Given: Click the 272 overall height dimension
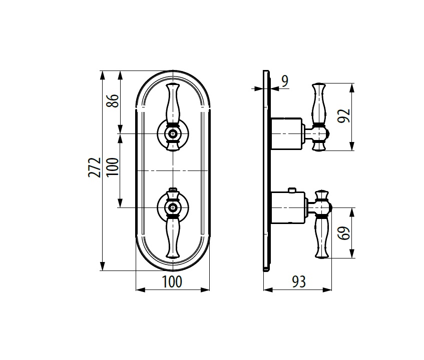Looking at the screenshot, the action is coord(95,167).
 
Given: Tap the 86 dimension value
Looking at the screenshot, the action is coord(113,100).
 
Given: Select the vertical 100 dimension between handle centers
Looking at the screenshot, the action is coord(113,166).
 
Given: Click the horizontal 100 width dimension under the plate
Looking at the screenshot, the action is coord(172,281).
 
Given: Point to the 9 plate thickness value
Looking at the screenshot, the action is coord(285,81).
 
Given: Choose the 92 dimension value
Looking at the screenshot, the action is coord(344,116).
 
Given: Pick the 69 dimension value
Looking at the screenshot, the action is coord(344,233).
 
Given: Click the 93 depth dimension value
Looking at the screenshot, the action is coord(299,281).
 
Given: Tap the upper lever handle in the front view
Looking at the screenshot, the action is coord(173,104).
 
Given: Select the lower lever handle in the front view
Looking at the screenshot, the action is coord(173,237).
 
